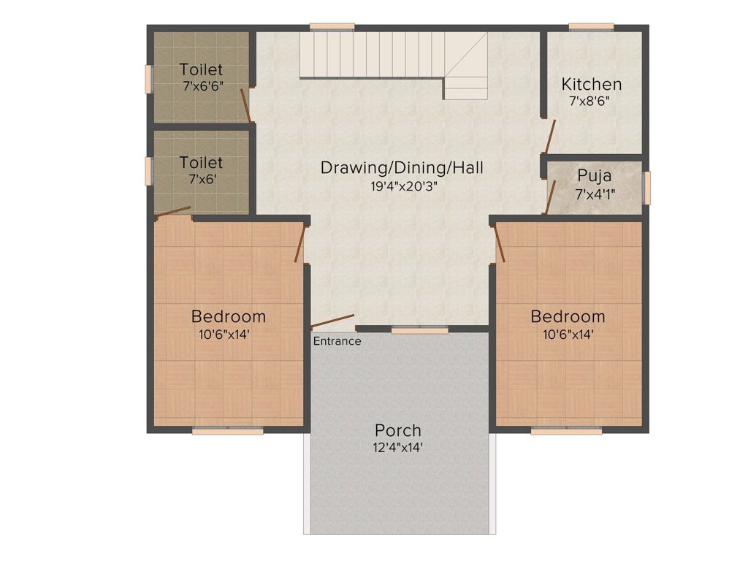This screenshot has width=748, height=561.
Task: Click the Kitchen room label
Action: point(592,84)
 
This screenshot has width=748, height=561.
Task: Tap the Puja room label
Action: point(595,176)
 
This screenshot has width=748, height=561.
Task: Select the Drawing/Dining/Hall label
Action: point(402,168)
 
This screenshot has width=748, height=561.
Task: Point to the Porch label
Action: point(398,430)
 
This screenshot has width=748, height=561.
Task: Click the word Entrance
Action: point(337,341)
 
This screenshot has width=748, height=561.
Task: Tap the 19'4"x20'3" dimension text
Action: point(404,186)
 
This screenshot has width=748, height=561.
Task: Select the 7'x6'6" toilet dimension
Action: point(203,86)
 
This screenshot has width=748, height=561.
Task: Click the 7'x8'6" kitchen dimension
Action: point(589,101)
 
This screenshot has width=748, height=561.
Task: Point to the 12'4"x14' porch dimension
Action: point(398,448)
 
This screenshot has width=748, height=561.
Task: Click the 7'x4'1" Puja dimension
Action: point(595,194)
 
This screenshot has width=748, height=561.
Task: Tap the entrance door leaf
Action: point(332,322)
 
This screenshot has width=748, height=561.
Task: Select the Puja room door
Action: point(551,197)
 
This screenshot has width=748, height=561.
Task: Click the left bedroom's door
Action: point(299,244)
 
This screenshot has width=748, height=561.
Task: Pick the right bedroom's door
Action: point(500,244)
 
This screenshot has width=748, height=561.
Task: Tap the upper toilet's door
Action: point(245,105)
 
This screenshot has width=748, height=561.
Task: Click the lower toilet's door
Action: point(173,212)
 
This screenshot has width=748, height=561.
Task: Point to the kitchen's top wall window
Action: point(592,27)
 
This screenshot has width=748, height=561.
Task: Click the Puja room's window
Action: point(646,188)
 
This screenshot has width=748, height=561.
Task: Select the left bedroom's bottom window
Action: point(228,431)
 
